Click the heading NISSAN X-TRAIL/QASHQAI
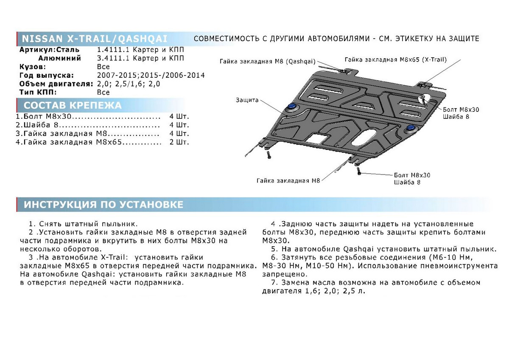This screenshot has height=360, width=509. [x=94, y=38]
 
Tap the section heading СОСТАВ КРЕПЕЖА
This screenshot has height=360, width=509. [x=73, y=105]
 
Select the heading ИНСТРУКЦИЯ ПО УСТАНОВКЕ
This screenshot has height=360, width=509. [x=103, y=205]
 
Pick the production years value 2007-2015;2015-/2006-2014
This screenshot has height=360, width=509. [x=151, y=75]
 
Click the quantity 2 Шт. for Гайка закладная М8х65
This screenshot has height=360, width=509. [x=179, y=142]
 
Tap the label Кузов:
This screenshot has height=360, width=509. [x=33, y=67]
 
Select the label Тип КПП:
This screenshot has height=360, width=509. [x=38, y=92]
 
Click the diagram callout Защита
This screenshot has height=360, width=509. [x=247, y=100]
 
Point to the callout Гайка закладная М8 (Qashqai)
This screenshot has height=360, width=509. [x=267, y=62]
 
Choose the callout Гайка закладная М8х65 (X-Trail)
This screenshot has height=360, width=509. [x=396, y=59]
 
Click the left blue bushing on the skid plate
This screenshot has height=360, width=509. [x=291, y=107]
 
